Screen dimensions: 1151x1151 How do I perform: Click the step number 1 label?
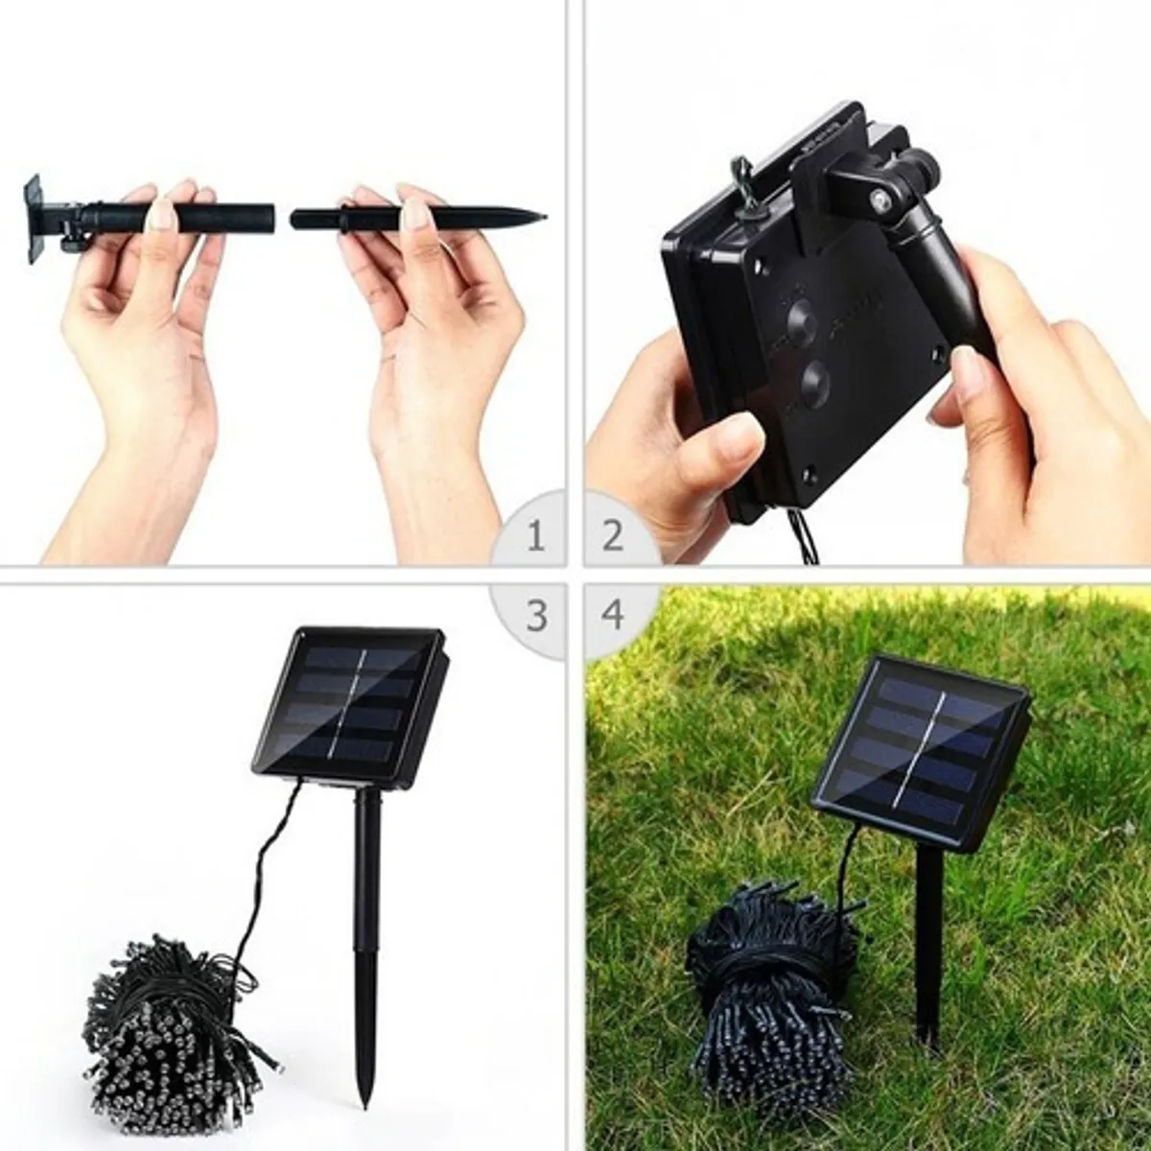536,535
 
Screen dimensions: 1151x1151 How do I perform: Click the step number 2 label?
613,535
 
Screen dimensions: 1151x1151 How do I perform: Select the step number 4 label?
614,615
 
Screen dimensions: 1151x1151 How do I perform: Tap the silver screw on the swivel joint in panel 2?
879,199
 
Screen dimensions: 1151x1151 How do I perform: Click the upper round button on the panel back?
801,319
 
